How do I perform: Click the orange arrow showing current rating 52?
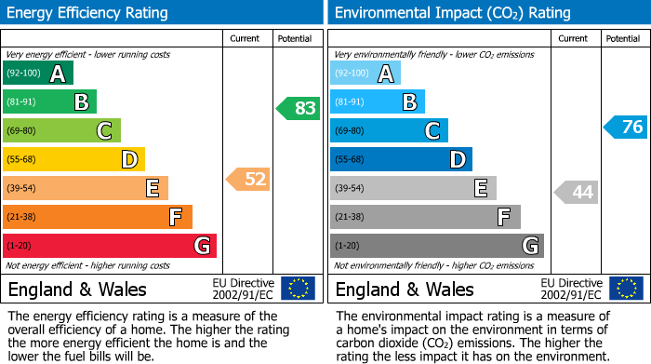[x=249, y=179]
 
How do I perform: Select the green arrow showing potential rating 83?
[x=299, y=108]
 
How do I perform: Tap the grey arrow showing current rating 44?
[x=578, y=193]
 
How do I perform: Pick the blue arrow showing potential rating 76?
[x=626, y=127]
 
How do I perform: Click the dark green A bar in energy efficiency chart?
[x=38, y=74]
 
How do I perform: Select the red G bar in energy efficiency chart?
[x=110, y=246]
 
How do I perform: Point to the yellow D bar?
[x=73, y=159]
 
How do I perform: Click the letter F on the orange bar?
[x=175, y=218]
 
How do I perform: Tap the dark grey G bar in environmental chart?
[x=436, y=246]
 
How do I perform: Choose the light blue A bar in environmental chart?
[x=365, y=74]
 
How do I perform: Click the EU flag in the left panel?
[x=298, y=288]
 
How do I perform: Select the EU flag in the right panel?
[x=626, y=288]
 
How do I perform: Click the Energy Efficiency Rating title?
[x=88, y=13]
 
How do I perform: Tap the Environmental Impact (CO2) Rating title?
[x=452, y=13]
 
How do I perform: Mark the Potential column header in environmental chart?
[x=623, y=38]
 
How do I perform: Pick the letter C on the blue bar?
[x=432, y=131]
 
